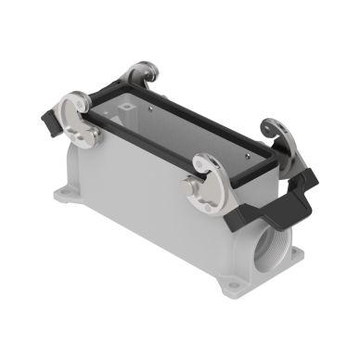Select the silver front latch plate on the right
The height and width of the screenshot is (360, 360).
click(x=212, y=175)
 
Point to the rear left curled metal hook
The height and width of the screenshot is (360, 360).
click(x=141, y=74)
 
